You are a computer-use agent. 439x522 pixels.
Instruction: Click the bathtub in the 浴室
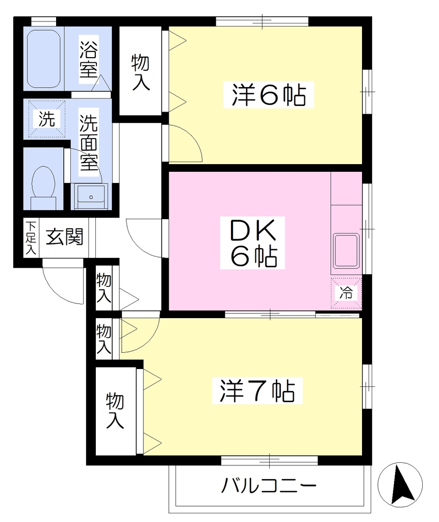[x=43, y=59]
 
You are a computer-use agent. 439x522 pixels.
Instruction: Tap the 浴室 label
[x=89, y=59]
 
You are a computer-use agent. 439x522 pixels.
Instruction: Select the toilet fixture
[x=43, y=188]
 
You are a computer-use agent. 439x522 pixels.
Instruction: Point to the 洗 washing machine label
[x=46, y=118]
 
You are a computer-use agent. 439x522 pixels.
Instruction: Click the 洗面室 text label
[x=89, y=143]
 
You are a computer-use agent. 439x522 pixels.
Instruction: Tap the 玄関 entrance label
[x=64, y=237]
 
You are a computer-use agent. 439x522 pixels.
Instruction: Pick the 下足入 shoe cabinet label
[x=31, y=238]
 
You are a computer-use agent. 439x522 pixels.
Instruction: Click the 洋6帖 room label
[x=269, y=95]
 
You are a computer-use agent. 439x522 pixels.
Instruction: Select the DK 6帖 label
[x=253, y=243]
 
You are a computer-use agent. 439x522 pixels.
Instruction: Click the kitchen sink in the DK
[x=346, y=251]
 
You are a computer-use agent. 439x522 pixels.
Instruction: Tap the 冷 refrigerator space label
[x=346, y=293]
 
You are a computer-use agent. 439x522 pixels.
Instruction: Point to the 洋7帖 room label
[x=257, y=391]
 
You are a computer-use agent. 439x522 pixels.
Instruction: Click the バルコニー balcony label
[x=269, y=486]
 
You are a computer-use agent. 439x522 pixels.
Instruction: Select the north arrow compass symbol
[x=400, y=484]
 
